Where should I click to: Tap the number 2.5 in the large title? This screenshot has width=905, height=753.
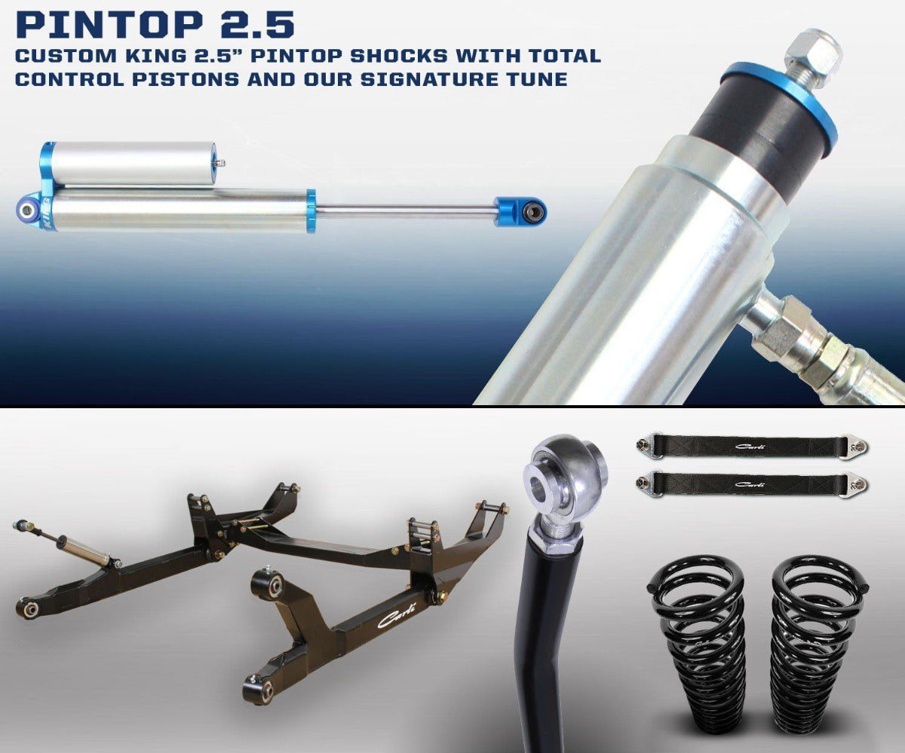[x=257, y=24]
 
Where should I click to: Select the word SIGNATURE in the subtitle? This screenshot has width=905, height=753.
[x=430, y=79]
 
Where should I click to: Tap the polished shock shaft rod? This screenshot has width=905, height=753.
[x=406, y=211]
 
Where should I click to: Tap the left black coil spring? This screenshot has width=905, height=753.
[x=697, y=641]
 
